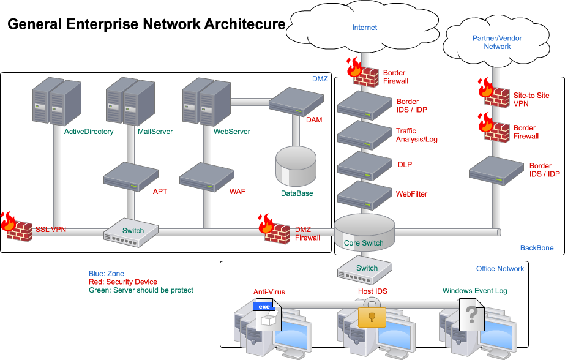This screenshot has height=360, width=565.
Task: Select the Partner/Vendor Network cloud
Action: [x=497, y=42]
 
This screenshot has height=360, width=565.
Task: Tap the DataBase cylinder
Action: [x=296, y=166]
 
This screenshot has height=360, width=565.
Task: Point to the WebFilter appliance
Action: [x=364, y=195]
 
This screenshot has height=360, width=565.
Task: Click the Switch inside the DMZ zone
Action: [x=131, y=233]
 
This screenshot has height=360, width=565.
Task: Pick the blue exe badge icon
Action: [x=264, y=306]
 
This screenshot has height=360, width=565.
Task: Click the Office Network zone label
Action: [x=500, y=269]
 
